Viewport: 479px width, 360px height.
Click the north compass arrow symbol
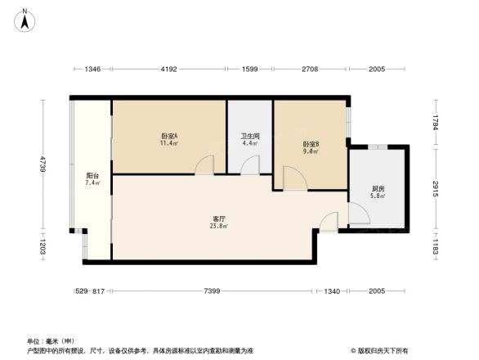[26, 19]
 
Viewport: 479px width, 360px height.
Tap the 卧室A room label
[169, 136]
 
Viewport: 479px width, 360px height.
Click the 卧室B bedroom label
[311, 145]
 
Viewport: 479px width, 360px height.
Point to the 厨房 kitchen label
[377, 190]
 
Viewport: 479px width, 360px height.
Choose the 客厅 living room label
[219, 219]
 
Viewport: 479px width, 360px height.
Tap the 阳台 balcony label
[92, 177]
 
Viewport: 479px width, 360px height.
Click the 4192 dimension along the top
[168, 70]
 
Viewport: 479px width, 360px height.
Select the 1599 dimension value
[250, 70]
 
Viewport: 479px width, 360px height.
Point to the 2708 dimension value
[310, 70]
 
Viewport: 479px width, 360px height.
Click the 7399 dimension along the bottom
[212, 292]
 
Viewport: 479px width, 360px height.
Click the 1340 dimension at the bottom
[332, 292]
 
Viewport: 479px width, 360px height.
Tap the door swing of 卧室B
[293, 178]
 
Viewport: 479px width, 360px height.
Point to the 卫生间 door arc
[250, 165]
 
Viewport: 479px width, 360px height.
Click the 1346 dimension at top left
[92, 70]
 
